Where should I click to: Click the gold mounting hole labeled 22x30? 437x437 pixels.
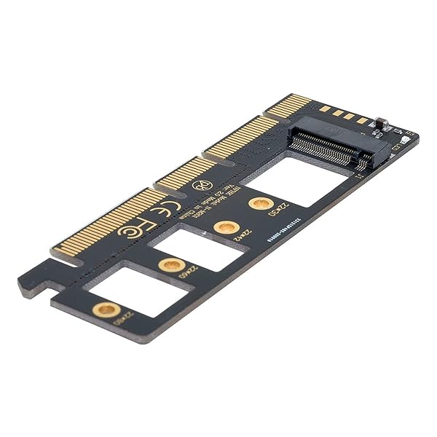pyautogui.click(x=260, y=203)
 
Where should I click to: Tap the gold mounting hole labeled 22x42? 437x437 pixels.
pyautogui.click(x=227, y=227)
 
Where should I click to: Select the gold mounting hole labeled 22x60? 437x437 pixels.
pyautogui.click(x=172, y=264)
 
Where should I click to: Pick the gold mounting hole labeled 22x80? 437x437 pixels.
pyautogui.click(x=106, y=310)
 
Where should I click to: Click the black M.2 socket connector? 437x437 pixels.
pyautogui.click(x=331, y=142)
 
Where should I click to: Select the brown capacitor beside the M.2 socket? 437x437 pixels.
pyautogui.click(x=379, y=122)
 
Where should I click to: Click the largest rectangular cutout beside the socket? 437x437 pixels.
pyautogui.click(x=302, y=181)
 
